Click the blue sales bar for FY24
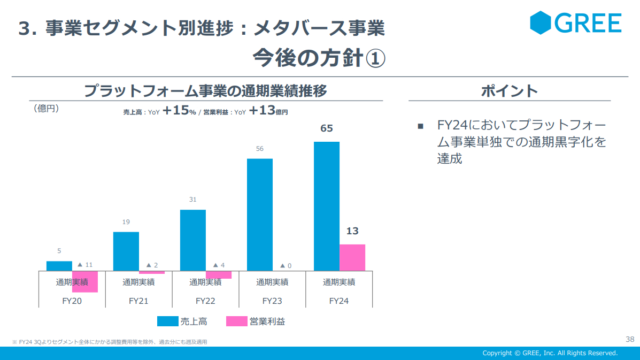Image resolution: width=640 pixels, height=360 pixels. (326, 206)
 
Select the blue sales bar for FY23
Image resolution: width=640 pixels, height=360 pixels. (259, 215)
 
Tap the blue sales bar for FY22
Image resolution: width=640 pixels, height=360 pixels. (192, 240)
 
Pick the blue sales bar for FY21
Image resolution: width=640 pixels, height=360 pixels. (126, 251)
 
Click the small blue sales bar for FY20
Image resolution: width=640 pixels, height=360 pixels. (59, 265)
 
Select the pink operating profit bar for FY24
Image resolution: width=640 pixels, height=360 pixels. (352, 257)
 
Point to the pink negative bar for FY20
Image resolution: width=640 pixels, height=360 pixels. (84, 282)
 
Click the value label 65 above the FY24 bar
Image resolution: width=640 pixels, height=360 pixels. (326, 128)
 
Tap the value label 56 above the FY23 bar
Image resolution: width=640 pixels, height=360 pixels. (259, 149)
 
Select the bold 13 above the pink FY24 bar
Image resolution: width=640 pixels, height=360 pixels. (352, 231)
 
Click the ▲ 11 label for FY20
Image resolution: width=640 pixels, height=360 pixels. (84, 265)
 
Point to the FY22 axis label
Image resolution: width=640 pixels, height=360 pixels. (205, 301)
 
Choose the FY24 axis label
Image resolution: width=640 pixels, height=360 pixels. (339, 301)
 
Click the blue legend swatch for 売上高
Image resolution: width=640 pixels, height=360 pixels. (167, 321)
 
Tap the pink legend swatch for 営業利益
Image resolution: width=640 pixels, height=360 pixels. (237, 321)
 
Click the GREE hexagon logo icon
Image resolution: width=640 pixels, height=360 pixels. (541, 22)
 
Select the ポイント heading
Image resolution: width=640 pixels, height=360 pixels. (509, 91)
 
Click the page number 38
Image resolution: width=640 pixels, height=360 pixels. (629, 339)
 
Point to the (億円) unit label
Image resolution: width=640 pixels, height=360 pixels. (46, 109)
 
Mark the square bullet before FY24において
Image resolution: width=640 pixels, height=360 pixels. (420, 126)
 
